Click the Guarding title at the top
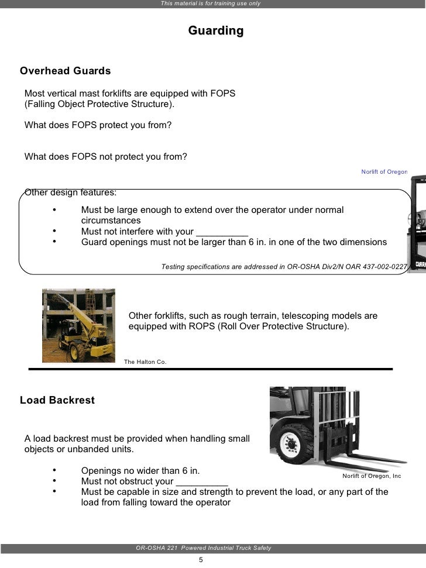(216, 30)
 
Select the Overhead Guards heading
(65, 71)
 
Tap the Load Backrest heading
(57, 401)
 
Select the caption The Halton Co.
(145, 362)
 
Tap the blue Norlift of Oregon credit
(384, 172)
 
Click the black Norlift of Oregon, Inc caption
(372, 476)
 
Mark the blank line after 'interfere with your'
(222, 232)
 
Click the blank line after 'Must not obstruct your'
(202, 481)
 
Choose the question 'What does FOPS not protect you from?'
(106, 156)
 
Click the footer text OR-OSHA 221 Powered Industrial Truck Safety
(203, 548)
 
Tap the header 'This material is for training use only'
(211, 4)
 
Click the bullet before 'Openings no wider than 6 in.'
(54, 470)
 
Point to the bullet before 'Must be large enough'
(54, 210)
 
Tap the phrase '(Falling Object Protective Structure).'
(99, 104)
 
